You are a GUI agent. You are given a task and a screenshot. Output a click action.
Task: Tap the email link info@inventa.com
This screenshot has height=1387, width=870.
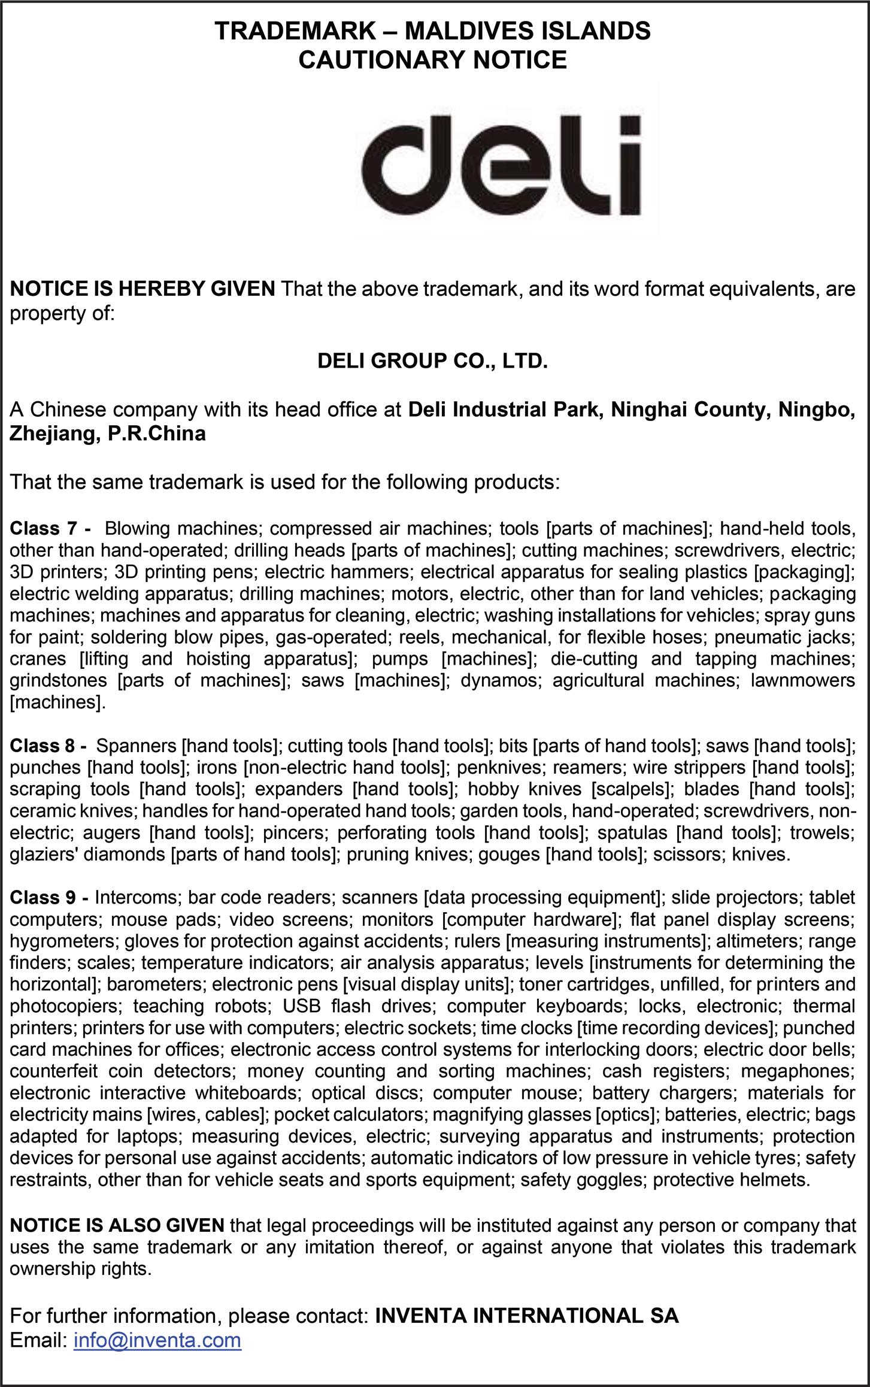(157, 1340)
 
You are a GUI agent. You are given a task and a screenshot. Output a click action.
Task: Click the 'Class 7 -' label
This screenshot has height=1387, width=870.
(50, 529)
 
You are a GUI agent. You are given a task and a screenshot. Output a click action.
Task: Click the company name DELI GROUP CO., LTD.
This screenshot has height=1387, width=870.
(432, 361)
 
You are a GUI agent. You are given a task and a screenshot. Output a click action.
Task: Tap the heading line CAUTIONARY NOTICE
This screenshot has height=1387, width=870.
(432, 60)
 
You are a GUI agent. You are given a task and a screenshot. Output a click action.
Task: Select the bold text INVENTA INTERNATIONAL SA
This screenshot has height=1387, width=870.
(527, 1316)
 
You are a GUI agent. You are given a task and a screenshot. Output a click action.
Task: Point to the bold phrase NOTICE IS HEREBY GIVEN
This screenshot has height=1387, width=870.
(143, 289)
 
